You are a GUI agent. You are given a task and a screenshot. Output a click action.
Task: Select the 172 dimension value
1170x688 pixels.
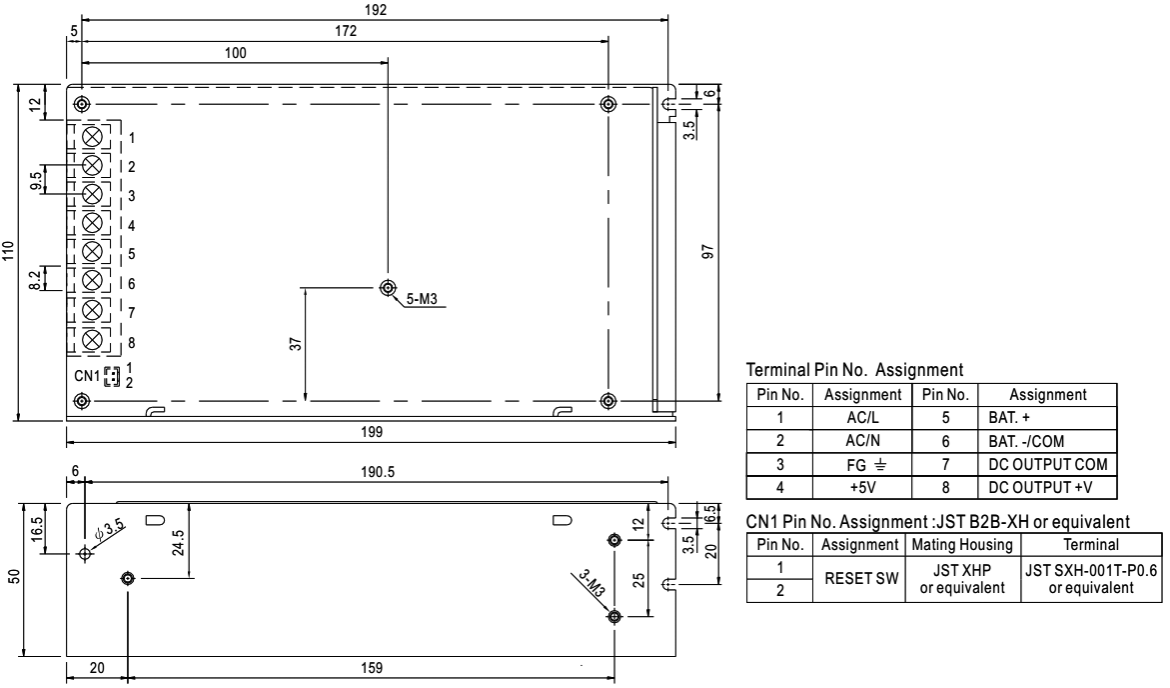click(x=345, y=31)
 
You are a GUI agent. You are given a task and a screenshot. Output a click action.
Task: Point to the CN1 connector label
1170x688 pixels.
click(x=88, y=376)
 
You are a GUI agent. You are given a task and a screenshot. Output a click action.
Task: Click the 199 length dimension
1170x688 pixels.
click(x=371, y=432)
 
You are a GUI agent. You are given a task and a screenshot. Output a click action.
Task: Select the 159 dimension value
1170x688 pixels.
click(x=371, y=668)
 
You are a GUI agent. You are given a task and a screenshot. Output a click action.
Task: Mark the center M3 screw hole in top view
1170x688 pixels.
click(x=388, y=287)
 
